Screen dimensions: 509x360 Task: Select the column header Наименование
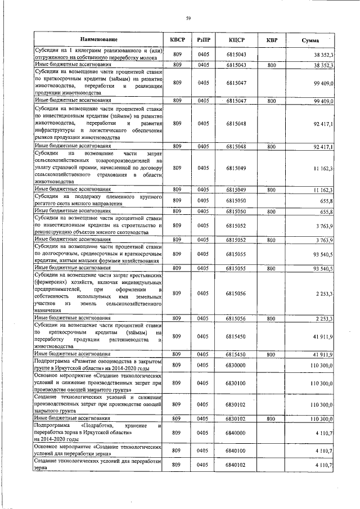tap(98, 40)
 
